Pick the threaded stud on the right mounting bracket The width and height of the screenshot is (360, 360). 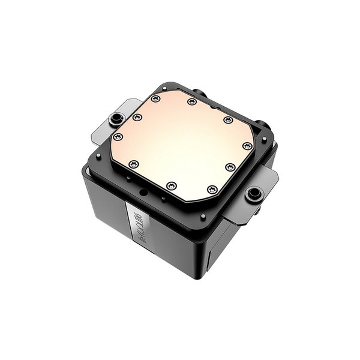[x=254, y=193]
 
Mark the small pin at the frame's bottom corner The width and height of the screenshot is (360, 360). [x=203, y=216]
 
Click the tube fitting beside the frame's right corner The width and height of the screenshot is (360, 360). [x=262, y=125]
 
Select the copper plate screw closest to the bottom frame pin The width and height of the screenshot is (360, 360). [x=211, y=190]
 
